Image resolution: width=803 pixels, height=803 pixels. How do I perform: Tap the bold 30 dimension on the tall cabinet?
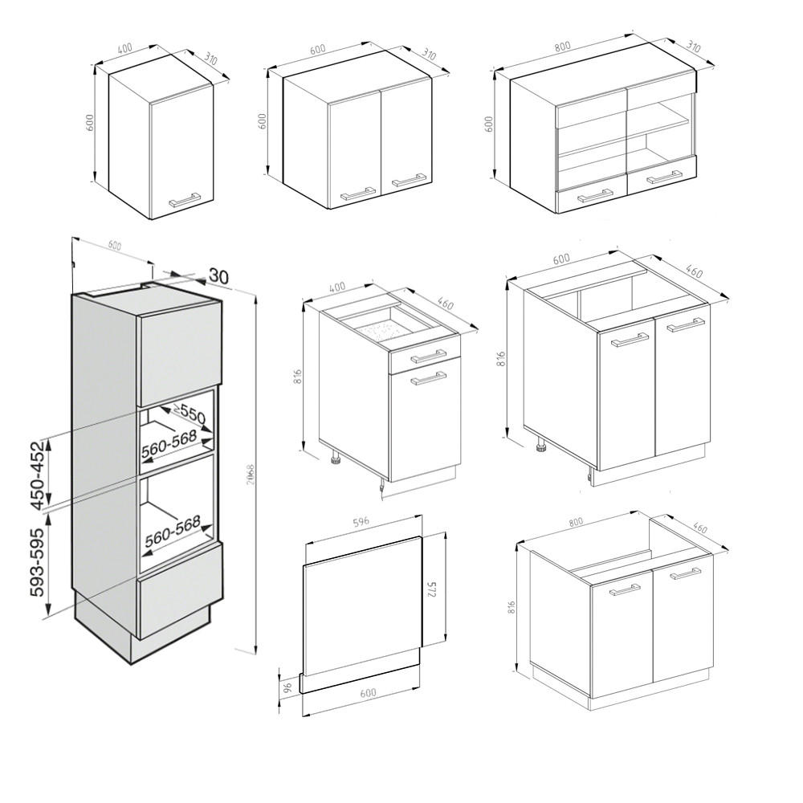click(x=218, y=276)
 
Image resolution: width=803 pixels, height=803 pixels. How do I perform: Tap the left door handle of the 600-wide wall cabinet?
click(x=358, y=193)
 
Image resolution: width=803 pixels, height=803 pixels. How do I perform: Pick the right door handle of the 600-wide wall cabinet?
click(x=409, y=181)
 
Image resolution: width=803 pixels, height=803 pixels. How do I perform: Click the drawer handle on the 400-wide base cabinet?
click(x=428, y=356)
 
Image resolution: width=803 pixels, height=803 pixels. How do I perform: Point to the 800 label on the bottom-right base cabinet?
click(x=575, y=522)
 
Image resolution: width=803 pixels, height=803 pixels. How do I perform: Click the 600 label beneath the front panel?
click(x=368, y=693)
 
